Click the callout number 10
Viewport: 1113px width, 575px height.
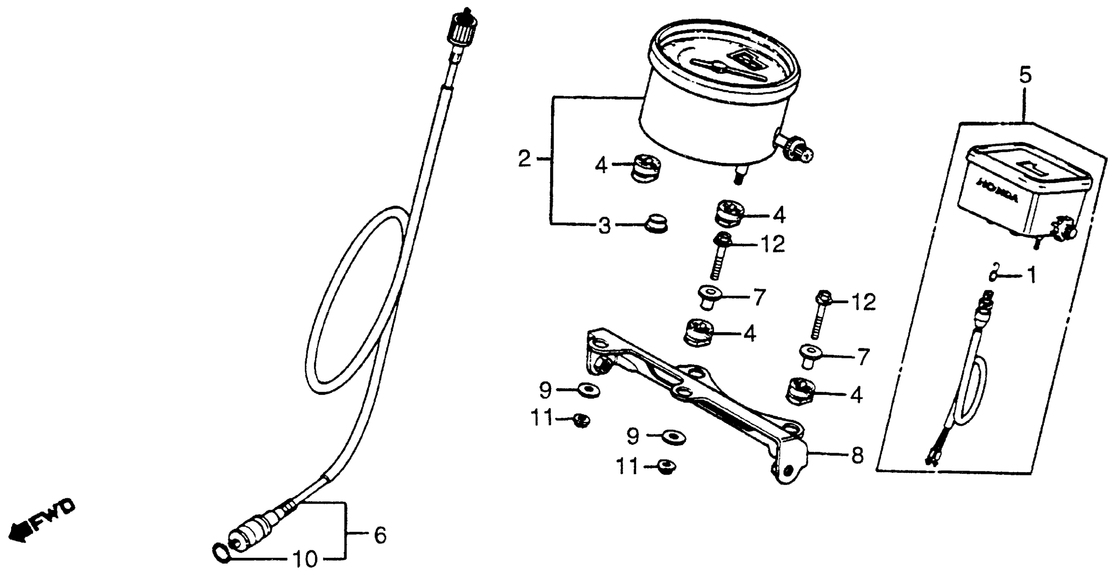(x=305, y=559)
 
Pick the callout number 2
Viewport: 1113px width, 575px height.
(x=524, y=159)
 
